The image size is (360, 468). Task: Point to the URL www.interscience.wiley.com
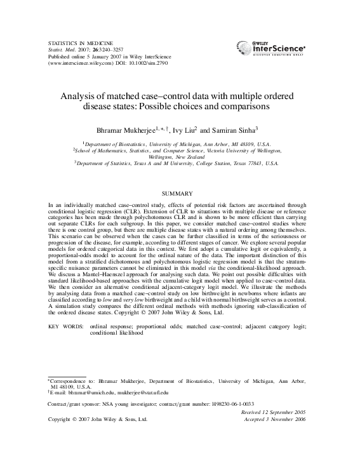[79, 64]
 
